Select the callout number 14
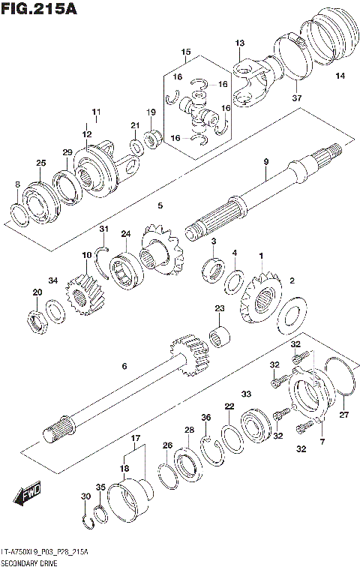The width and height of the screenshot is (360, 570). (340, 76)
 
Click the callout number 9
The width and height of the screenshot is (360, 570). (265, 162)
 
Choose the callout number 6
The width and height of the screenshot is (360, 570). (124, 366)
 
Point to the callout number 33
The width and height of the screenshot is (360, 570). (245, 394)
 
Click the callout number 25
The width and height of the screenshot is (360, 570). (40, 163)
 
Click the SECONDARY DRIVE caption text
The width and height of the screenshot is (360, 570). (28, 561)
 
